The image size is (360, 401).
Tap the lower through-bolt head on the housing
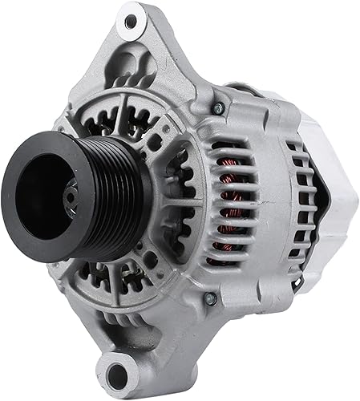[211, 298]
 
